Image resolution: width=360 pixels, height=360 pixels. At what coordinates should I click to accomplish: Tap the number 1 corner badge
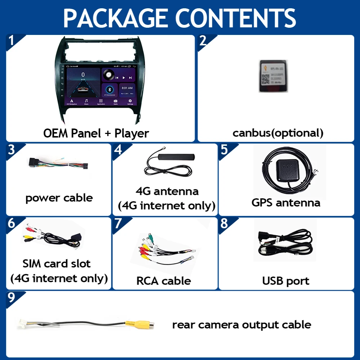(x=12, y=40)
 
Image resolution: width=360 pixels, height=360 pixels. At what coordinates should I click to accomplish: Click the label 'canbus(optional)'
(x=278, y=133)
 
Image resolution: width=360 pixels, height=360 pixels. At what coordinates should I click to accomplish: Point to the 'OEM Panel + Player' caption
(x=96, y=133)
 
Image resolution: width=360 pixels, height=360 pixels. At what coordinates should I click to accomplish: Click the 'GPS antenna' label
(x=286, y=202)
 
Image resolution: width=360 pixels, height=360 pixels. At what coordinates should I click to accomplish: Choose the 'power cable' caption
(x=59, y=198)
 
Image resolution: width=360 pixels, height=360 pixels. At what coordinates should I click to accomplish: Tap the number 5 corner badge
(x=224, y=149)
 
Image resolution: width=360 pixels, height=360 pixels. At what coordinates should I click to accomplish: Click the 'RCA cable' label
(x=163, y=280)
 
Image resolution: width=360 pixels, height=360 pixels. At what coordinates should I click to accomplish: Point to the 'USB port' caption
(x=285, y=281)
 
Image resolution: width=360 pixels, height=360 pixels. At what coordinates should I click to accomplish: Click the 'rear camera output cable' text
(x=242, y=325)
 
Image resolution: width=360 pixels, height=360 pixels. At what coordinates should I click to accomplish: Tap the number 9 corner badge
(x=12, y=297)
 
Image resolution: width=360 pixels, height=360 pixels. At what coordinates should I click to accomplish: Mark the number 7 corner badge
(x=118, y=223)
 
